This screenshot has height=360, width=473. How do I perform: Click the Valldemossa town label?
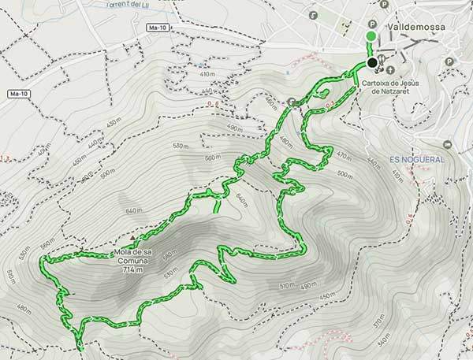pyautogui.click(x=415, y=27)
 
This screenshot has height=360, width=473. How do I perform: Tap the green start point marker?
pyautogui.click(x=372, y=36)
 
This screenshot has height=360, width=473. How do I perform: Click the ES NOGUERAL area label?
pyautogui.click(x=417, y=159)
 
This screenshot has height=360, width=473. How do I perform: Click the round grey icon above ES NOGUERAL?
pyautogui.click(x=448, y=145)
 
